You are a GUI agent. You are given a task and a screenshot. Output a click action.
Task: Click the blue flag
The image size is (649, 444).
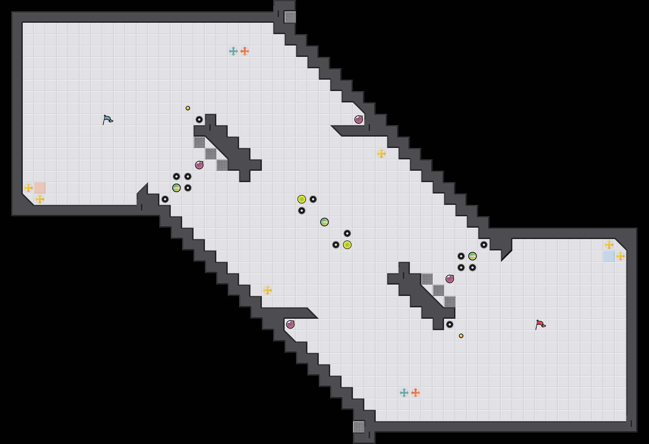coord(108,120)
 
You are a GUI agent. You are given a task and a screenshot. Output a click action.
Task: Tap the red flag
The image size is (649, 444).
coord(540,324)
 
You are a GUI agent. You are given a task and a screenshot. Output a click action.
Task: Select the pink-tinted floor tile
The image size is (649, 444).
coord(40,188)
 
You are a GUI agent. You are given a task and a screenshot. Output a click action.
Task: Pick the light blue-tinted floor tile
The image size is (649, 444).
coord(609,256)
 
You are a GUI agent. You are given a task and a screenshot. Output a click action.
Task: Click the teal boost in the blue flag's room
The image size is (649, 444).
coord(233,51)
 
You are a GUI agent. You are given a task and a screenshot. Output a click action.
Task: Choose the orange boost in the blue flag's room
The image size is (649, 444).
coord(245,51)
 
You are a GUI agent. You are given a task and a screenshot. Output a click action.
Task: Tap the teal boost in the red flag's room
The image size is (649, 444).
coord(404,393)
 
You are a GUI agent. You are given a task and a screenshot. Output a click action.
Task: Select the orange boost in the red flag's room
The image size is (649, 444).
coord(416,393)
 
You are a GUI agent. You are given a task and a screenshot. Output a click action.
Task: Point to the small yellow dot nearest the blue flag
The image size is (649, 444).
coord(188,108)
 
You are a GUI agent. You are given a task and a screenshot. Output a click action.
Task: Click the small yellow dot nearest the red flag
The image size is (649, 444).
coord(461,336)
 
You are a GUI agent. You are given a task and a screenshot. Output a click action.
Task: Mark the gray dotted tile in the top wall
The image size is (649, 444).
coord(290,17)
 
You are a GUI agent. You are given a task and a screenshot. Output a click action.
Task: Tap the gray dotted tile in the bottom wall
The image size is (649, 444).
coord(359,427)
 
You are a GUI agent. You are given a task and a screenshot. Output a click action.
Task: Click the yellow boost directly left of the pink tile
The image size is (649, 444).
coord(28,188)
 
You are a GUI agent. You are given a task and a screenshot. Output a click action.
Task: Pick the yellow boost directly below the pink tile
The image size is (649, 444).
coord(40,199)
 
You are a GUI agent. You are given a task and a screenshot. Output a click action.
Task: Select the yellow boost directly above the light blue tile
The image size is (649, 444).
coord(609,245)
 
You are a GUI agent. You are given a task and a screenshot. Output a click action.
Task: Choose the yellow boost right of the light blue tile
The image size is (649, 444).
coord(621,256)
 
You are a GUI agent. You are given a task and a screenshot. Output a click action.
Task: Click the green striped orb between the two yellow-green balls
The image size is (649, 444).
coord(324,222)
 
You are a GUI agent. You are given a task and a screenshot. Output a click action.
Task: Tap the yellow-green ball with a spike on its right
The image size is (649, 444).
coord(302,199)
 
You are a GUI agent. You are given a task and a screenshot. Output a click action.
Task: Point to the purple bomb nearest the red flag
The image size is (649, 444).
coord(450,279)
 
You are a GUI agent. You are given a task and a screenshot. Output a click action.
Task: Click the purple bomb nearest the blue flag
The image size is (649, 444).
coord(199,165)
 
